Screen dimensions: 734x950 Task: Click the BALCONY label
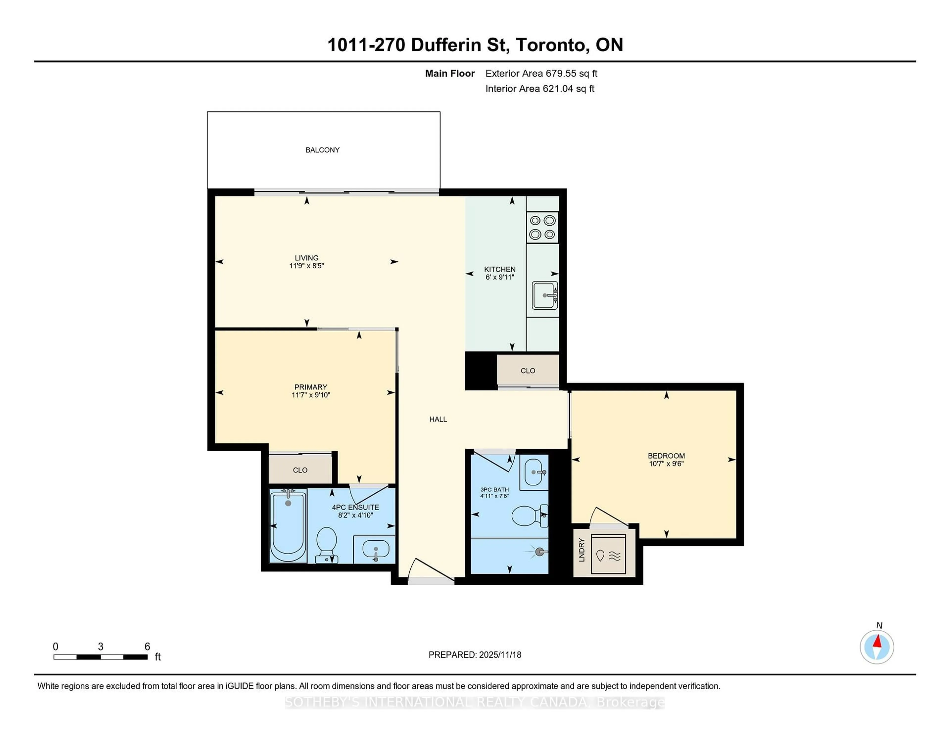coord(322,150)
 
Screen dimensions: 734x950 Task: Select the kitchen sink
coord(544,295)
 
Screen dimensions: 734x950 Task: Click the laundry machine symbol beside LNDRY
coord(608,554)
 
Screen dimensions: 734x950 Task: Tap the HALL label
coord(438,419)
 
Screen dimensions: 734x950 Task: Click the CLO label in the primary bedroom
coord(300,470)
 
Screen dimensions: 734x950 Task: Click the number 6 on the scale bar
coord(147,647)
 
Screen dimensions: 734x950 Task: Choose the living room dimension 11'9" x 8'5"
coord(307,266)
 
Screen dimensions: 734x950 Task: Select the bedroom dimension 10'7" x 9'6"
coord(666,463)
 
